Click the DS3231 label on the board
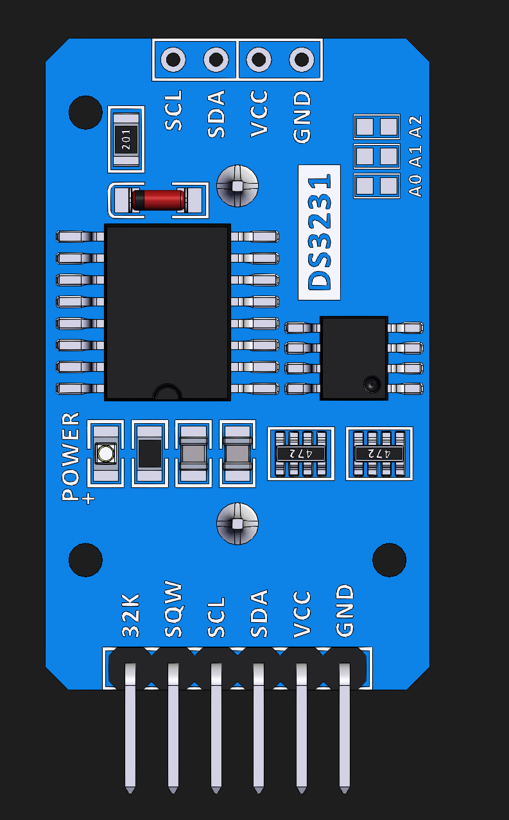320,232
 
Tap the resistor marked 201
126,139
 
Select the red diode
159,200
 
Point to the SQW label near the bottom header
173,610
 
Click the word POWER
71,457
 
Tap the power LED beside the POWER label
105,454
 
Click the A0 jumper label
416,185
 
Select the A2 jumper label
416,126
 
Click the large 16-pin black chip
168,311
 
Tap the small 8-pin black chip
354,357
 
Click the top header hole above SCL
173,60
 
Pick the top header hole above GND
301,60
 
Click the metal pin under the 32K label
130,726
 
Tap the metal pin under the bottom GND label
345,726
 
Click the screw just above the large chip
237,186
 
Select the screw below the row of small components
237,523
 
